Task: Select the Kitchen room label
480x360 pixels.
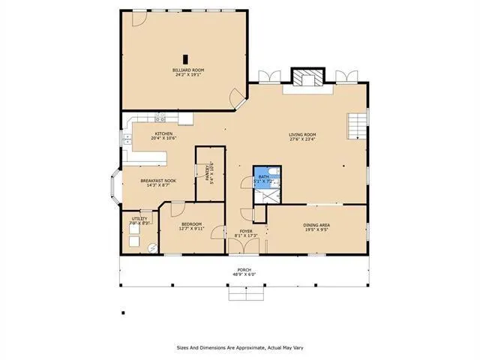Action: (x=163, y=134)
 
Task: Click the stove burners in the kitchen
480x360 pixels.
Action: (x=160, y=116)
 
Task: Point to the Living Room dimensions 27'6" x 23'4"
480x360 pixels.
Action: (x=303, y=139)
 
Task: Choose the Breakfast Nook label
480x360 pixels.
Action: (x=158, y=181)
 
